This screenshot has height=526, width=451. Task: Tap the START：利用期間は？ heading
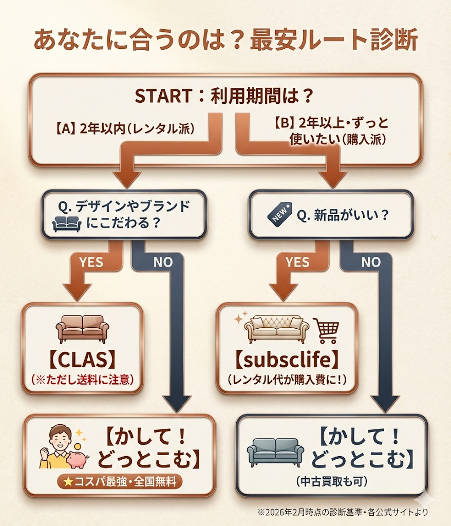[225, 97]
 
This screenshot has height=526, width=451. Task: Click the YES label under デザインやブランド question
[90, 262]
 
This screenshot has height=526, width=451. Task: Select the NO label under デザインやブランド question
[163, 262]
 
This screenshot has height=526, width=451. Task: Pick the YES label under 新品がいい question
[297, 262]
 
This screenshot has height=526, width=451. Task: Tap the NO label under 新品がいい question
[371, 262]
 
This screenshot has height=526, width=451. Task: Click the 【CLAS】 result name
[82, 360]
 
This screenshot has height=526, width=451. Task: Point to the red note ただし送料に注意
[82, 381]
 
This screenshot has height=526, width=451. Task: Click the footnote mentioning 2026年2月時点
[343, 512]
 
